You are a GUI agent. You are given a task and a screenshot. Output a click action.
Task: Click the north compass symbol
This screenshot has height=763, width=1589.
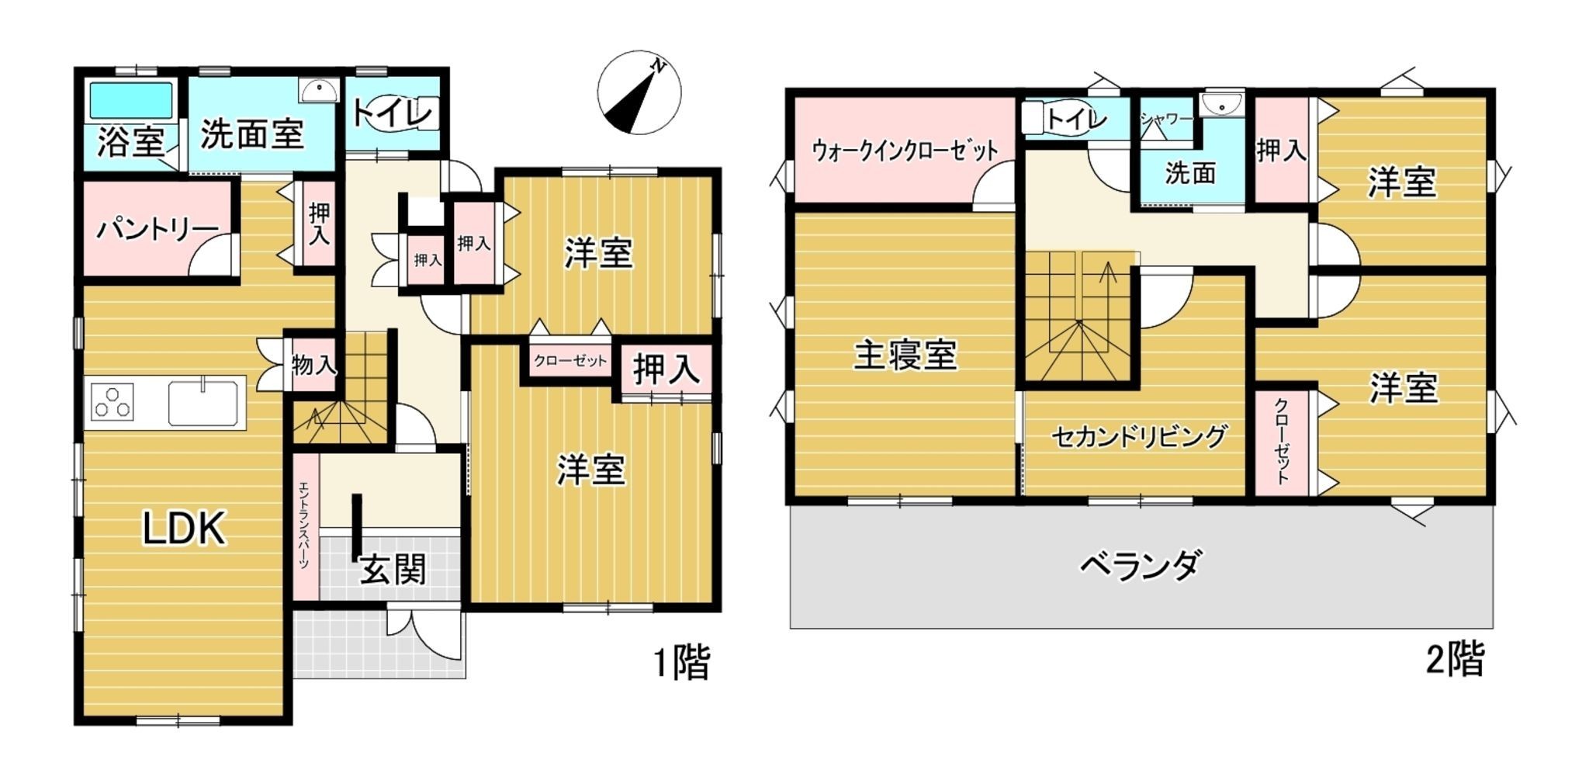pyautogui.click(x=639, y=93)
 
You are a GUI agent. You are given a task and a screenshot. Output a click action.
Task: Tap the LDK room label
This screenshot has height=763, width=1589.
pyautogui.click(x=184, y=529)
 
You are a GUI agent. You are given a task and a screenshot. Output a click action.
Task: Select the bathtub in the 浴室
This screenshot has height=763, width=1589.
pyautogui.click(x=130, y=101)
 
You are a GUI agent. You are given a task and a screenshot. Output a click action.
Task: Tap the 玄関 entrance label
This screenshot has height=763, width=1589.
pyautogui.click(x=393, y=571)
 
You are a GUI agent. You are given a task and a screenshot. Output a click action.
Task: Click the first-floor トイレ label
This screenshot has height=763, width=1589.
pyautogui.click(x=392, y=114)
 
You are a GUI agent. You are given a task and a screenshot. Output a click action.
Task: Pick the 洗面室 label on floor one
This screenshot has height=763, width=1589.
pyautogui.click(x=252, y=134)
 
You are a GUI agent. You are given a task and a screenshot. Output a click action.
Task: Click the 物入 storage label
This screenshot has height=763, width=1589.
pyautogui.click(x=314, y=363)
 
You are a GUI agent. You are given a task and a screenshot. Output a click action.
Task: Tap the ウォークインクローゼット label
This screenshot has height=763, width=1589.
pyautogui.click(x=905, y=149)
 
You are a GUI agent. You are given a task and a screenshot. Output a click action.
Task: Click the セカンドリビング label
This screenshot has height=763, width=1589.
pyautogui.click(x=1139, y=436)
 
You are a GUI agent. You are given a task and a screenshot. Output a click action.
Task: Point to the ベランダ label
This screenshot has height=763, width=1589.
pyautogui.click(x=1141, y=565)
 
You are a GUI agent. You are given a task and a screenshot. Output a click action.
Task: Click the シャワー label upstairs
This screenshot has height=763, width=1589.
pyautogui.click(x=1165, y=119)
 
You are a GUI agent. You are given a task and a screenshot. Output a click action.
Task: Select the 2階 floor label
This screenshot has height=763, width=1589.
pyautogui.click(x=1455, y=661)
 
